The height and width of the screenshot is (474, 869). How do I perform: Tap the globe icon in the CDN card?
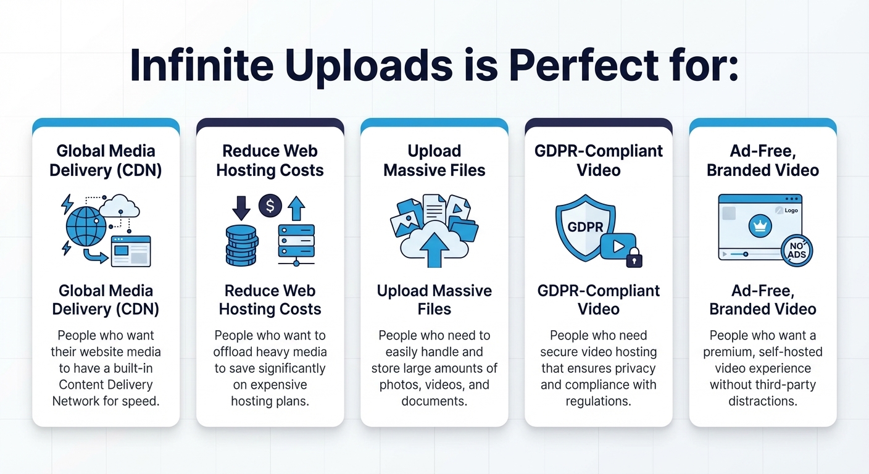click(x=86, y=226)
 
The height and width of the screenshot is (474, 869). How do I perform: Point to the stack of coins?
click(x=241, y=245)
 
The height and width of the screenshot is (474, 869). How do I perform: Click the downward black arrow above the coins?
click(x=241, y=208)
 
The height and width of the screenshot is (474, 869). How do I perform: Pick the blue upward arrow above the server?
click(x=297, y=208)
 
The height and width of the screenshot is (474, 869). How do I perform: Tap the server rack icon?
click(x=296, y=241)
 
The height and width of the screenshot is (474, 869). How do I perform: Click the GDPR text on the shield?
click(x=585, y=227)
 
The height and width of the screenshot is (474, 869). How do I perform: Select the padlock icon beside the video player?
click(x=634, y=258)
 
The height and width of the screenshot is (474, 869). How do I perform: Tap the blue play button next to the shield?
click(x=618, y=246)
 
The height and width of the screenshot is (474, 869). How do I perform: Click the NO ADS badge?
click(x=797, y=250)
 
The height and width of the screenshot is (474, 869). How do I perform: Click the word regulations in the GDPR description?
click(x=598, y=401)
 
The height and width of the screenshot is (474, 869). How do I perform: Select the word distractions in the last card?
click(x=762, y=401)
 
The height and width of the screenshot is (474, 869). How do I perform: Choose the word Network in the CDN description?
click(x=78, y=401)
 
